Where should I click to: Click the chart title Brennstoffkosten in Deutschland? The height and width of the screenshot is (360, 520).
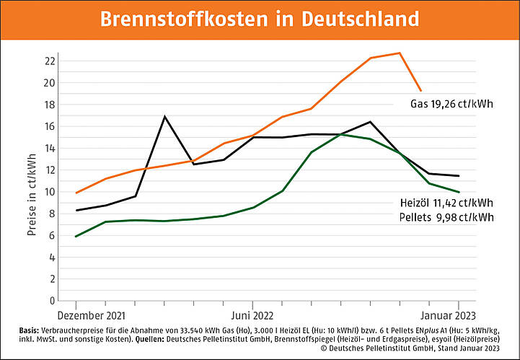coord(260,19)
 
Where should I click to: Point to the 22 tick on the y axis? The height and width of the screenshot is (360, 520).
coord(50,61)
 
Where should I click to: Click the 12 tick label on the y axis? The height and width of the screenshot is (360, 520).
coord(50,170)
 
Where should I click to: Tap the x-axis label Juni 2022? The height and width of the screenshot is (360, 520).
coord(252,315)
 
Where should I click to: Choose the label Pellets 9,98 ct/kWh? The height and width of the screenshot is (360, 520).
coord(448,216)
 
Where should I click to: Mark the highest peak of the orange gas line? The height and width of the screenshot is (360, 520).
coord(400,53)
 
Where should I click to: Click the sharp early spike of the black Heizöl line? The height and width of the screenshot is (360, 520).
coord(165,116)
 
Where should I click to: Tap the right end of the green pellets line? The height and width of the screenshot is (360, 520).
coord(459,192)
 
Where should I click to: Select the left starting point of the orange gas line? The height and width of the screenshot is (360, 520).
coord(76,193)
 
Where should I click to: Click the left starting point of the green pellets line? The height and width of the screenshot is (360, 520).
coord(76,236)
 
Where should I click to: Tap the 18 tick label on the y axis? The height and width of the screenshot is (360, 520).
coord(50,104)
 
